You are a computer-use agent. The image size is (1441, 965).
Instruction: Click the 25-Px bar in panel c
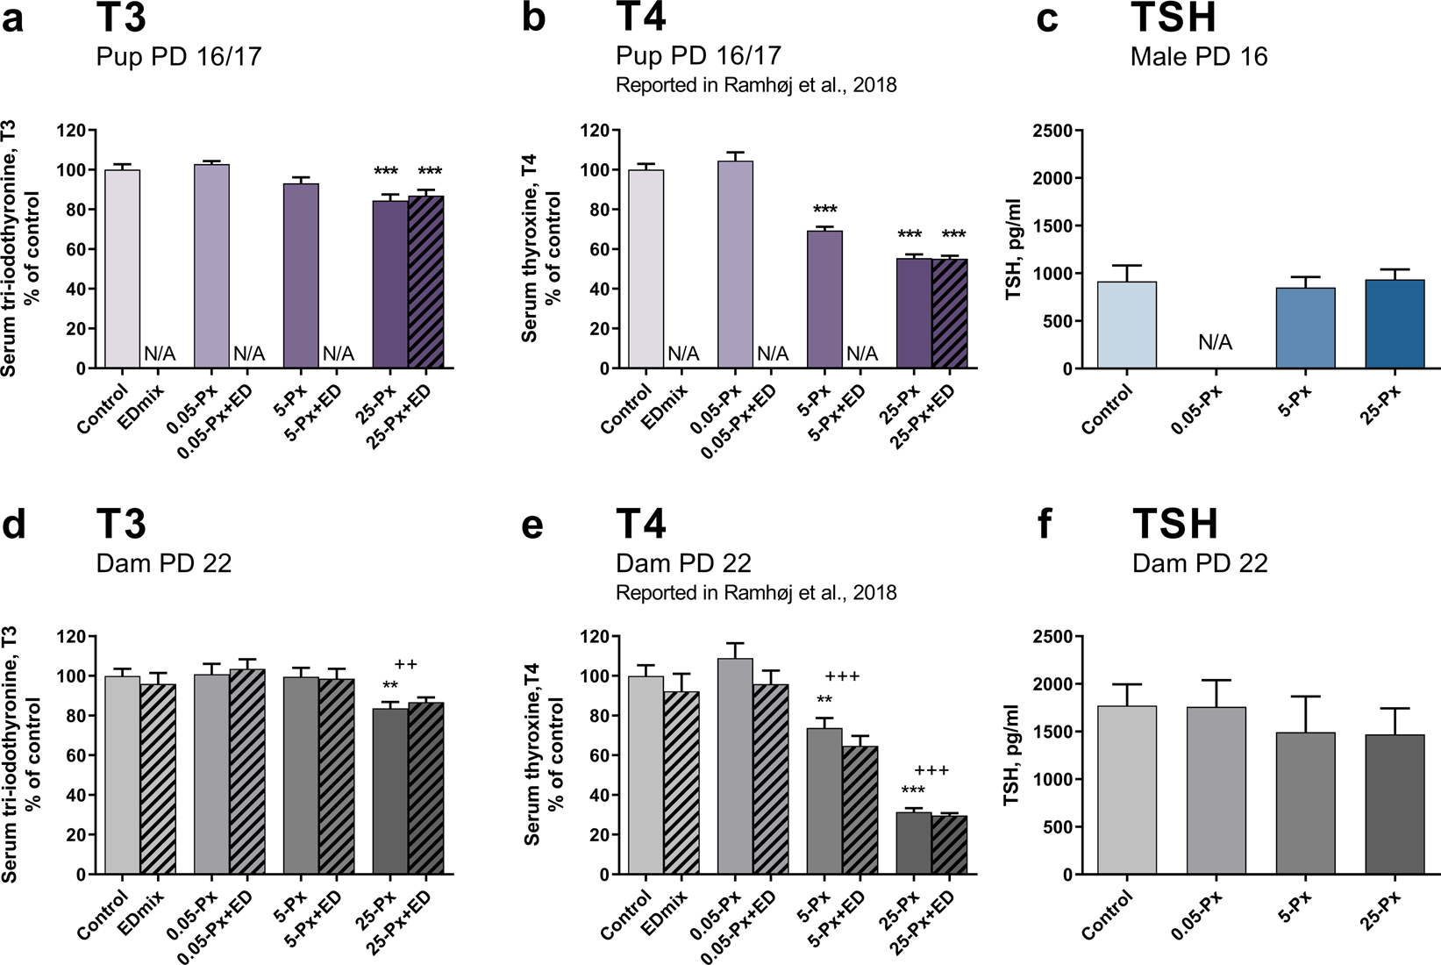(1395, 324)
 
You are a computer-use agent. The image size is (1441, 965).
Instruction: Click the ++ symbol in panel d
(404, 664)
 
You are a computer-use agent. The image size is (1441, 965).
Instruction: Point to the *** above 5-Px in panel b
(824, 210)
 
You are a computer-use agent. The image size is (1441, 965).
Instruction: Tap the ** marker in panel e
(824, 700)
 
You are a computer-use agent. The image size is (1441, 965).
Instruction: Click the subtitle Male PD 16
(1199, 57)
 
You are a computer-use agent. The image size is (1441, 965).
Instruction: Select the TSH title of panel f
(1175, 524)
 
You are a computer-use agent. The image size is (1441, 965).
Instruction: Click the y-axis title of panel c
(1015, 250)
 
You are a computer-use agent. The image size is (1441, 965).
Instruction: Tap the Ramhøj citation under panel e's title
(756, 593)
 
